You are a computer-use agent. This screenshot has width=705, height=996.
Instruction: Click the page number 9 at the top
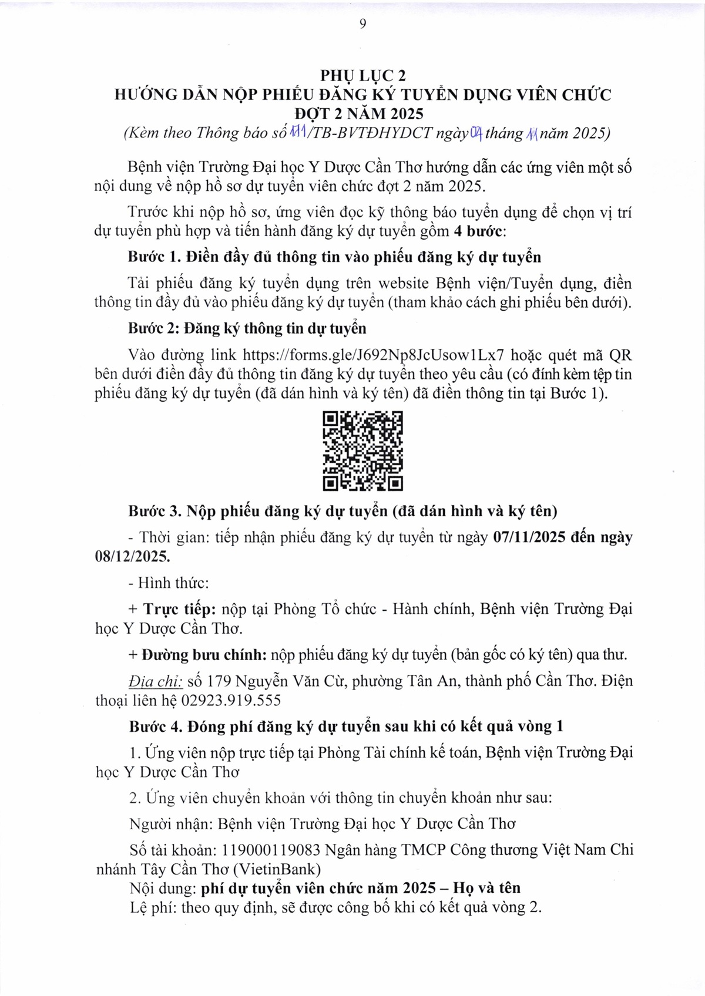click(362, 23)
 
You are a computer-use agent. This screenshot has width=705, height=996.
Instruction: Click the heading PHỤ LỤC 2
click(362, 76)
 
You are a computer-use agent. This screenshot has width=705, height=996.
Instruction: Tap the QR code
click(363, 451)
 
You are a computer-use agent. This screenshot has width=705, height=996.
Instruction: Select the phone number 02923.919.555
click(231, 700)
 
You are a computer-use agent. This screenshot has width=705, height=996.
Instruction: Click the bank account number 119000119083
click(270, 850)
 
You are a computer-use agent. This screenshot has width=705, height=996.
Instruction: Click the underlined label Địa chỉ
click(156, 681)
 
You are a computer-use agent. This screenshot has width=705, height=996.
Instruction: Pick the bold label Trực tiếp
click(180, 609)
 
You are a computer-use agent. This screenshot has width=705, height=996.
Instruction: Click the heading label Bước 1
click(154, 257)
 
